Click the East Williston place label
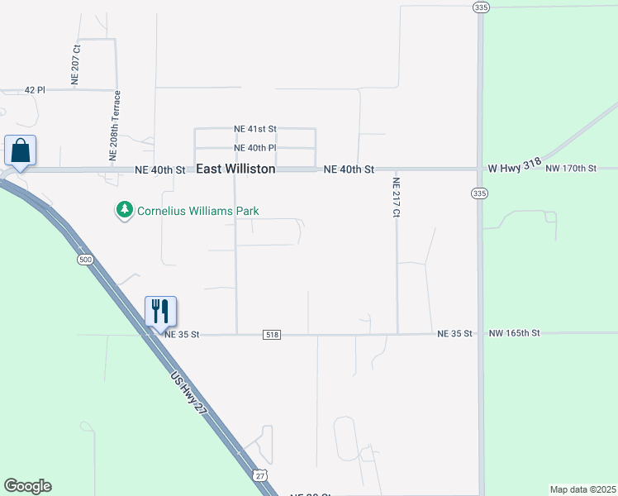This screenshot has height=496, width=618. (x=235, y=169)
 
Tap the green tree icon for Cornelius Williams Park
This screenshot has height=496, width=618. (x=125, y=211)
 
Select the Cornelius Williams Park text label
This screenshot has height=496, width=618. (x=197, y=211)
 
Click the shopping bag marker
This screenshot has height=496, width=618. (x=20, y=151)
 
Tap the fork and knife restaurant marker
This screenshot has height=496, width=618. (x=160, y=312)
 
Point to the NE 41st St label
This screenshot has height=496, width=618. (x=254, y=129)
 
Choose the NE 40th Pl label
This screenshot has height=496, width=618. (x=254, y=148)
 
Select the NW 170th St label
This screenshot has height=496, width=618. (x=571, y=169)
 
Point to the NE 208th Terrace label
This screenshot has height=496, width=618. (x=116, y=125)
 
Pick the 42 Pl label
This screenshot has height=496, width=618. (x=35, y=89)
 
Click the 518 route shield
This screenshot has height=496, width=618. (x=272, y=334)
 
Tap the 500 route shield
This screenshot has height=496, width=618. (x=85, y=260)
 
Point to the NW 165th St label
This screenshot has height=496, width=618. (x=514, y=333)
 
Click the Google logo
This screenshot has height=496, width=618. (x=27, y=486)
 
